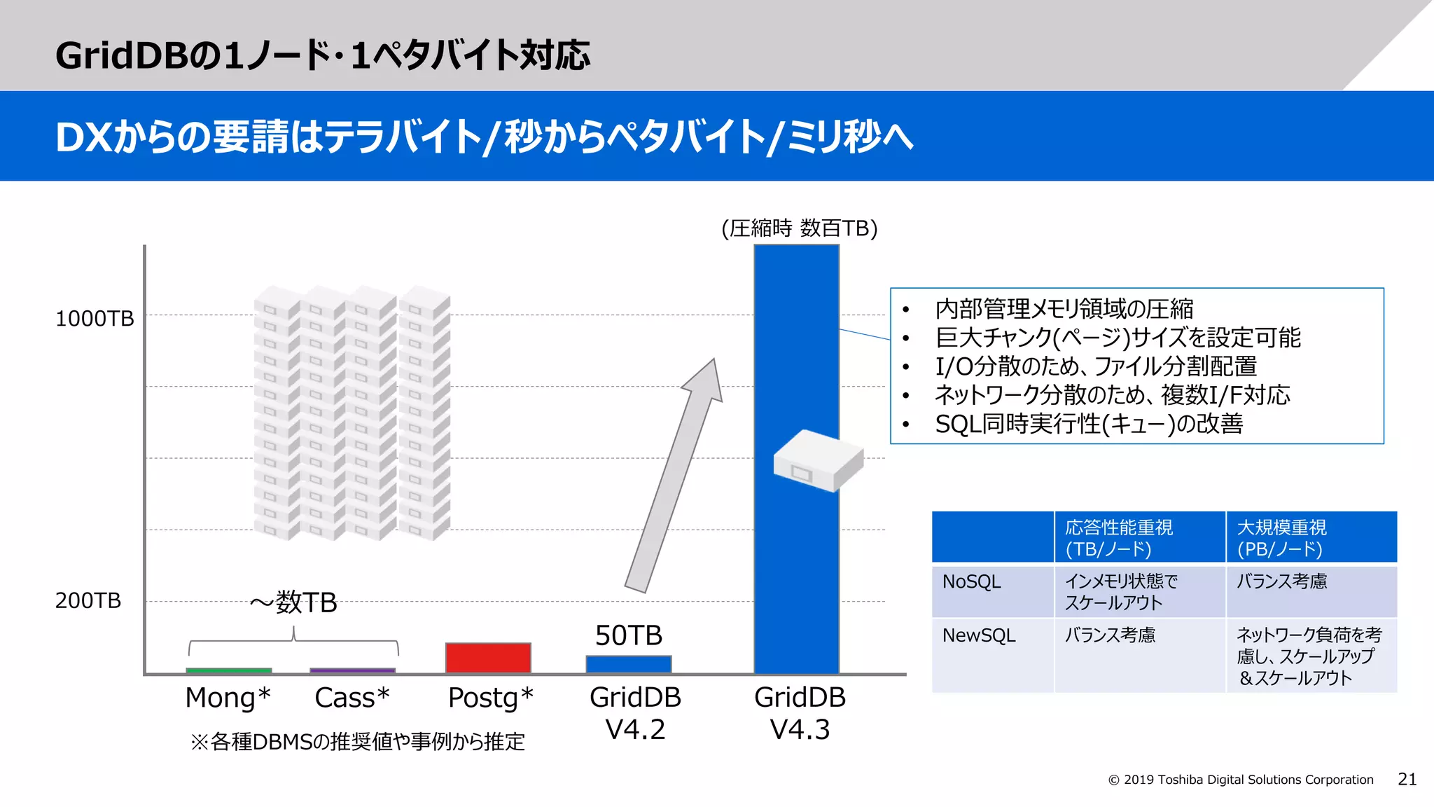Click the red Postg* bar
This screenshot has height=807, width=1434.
click(x=488, y=658)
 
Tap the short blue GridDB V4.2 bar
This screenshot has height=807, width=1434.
click(x=628, y=664)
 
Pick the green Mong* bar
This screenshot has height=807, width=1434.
click(x=229, y=671)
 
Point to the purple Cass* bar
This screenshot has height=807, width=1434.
click(x=352, y=671)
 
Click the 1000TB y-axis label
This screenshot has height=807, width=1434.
click(x=95, y=319)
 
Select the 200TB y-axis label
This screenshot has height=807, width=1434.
click(x=88, y=600)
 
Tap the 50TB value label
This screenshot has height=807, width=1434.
click(x=628, y=635)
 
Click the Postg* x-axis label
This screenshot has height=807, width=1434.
click(x=490, y=698)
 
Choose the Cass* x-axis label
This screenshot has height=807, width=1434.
click(x=351, y=698)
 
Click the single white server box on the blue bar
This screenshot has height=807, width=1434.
click(x=818, y=460)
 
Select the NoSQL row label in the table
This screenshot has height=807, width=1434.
click(x=972, y=581)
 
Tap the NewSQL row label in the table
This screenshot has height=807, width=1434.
click(x=979, y=635)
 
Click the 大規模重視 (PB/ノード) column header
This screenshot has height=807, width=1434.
click(x=1281, y=537)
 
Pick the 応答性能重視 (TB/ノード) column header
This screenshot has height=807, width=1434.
click(x=1119, y=537)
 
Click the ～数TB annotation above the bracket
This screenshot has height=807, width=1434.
click(x=293, y=602)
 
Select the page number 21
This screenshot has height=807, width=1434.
click(x=1407, y=779)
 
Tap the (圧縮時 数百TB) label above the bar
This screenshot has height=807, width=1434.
click(x=799, y=228)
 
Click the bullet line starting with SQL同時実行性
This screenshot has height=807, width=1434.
click(x=1089, y=424)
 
